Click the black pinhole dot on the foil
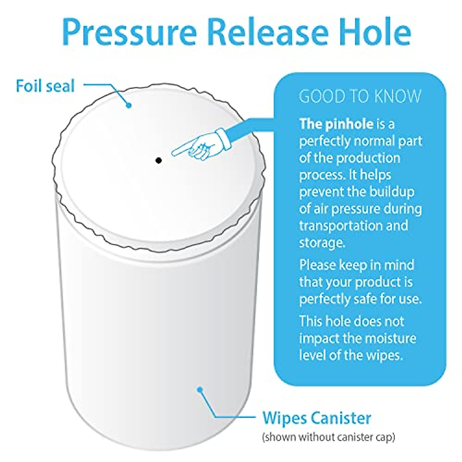click(x=158, y=160)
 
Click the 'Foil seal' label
click(x=45, y=86)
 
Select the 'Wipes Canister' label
click(x=316, y=418)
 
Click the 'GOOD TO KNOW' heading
click(x=360, y=97)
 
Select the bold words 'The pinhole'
click(x=336, y=124)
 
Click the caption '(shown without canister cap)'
click(x=328, y=437)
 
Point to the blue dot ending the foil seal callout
click(x=129, y=104)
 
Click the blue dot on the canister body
click(x=199, y=390)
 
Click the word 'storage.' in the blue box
click(x=321, y=243)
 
